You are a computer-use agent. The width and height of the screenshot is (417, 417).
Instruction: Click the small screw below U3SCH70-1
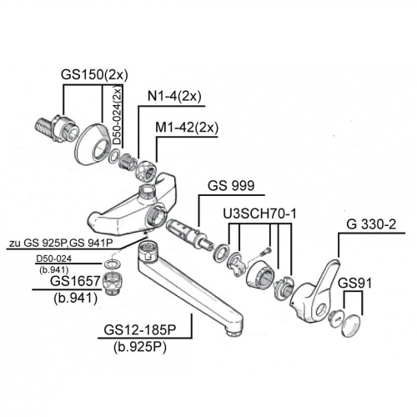(265, 249)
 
